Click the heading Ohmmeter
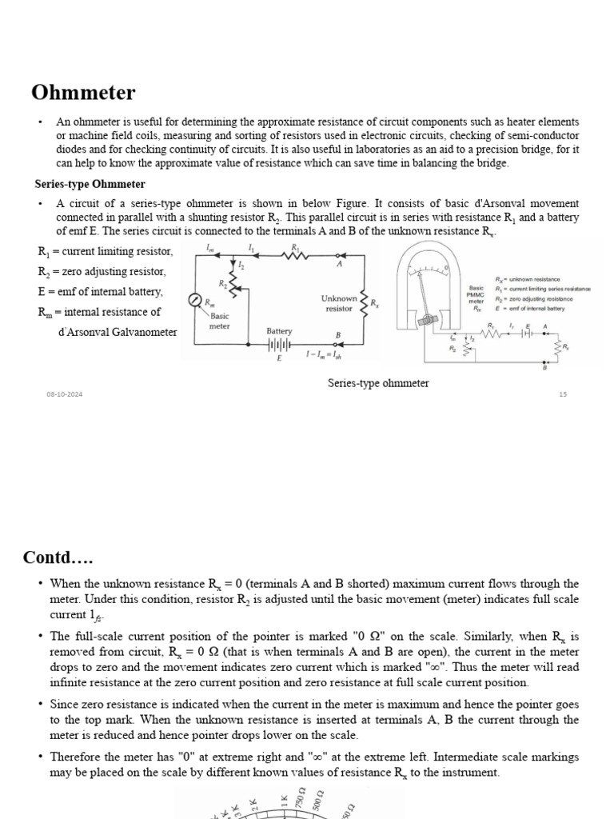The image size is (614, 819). coord(83,93)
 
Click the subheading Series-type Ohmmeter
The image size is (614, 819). coord(90,184)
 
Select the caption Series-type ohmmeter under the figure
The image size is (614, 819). coord(378,383)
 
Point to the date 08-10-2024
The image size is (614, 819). coord(65,394)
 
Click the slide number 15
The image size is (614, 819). coord(562,394)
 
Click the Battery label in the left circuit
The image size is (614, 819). coord(280,331)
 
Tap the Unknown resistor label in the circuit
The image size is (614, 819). coord(339,303)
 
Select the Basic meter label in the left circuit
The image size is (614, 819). coord(219,321)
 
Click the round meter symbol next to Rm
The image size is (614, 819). coord(195,300)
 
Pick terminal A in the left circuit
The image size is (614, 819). coord(339,263)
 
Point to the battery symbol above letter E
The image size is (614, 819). coord(279,346)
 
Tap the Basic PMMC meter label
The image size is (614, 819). coord(476,297)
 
